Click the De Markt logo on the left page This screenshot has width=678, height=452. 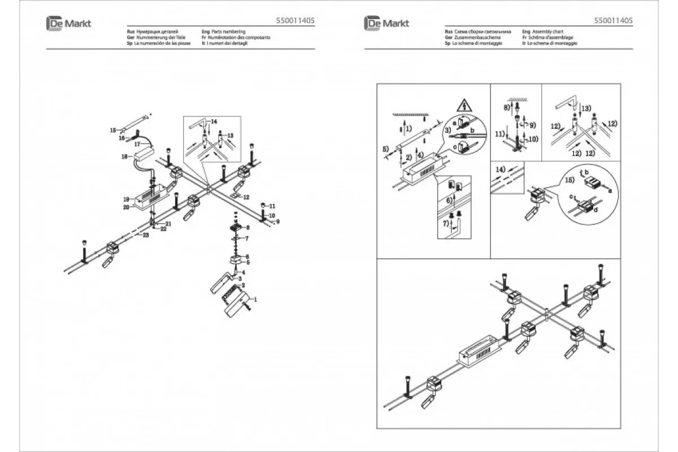click(68, 23)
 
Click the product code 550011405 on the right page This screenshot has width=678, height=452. click(614, 20)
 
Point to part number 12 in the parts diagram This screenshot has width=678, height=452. click(246, 197)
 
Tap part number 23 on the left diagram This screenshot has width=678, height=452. click(146, 234)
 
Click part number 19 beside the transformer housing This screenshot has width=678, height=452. click(127, 199)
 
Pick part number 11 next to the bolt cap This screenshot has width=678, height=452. click(272, 206)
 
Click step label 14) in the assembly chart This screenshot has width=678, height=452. click(500, 169)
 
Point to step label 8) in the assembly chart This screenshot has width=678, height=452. click(506, 106)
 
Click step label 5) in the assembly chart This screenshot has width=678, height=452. click(385, 149)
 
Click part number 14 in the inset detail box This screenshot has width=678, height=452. click(214, 122)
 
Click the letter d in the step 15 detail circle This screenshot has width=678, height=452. click(597, 211)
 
